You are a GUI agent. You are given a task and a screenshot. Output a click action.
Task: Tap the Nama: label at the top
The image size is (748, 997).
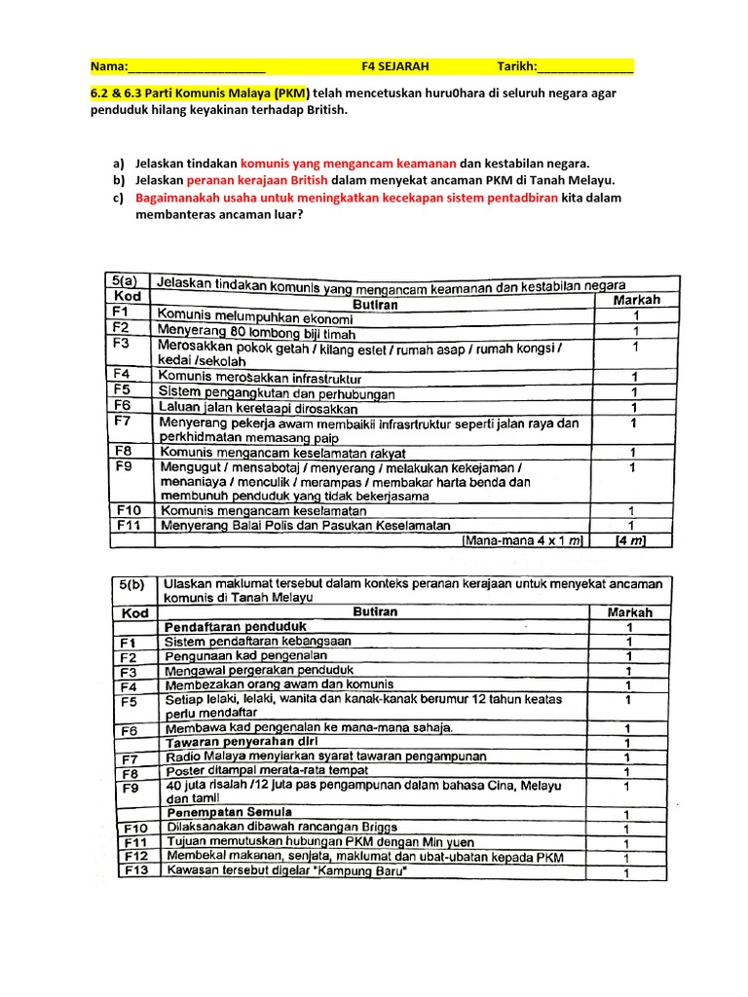[108, 66]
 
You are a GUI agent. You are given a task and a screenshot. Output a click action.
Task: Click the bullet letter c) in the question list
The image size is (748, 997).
[118, 198]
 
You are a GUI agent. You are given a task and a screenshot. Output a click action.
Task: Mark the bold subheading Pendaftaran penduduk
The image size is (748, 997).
[237, 626]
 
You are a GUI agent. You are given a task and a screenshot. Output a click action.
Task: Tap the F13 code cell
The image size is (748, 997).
[133, 871]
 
